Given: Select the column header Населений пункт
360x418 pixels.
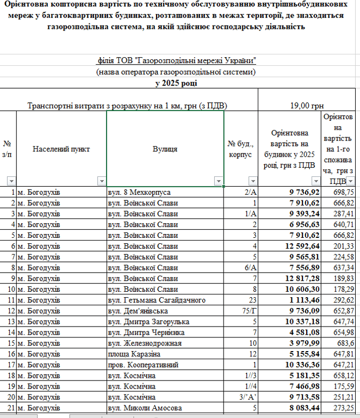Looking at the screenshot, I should click(61, 149).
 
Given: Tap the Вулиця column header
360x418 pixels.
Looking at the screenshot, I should click(165, 149).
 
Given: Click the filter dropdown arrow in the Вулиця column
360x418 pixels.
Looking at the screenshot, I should click(218, 181).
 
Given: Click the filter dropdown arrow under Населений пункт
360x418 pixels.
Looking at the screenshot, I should click(101, 181).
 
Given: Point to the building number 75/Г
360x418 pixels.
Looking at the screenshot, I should click(248, 311).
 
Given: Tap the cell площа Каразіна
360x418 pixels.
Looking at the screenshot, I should click(133, 353).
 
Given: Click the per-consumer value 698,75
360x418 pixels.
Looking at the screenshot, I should click(343, 193).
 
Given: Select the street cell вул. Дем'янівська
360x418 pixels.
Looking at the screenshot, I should click(138, 311).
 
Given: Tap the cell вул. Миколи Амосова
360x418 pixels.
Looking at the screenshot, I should click(143, 407).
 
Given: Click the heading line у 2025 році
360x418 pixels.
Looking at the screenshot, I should click(176, 83).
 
